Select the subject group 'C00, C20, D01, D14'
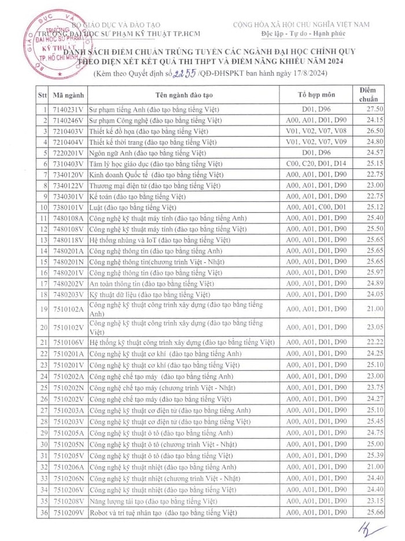click(x=316, y=164)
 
